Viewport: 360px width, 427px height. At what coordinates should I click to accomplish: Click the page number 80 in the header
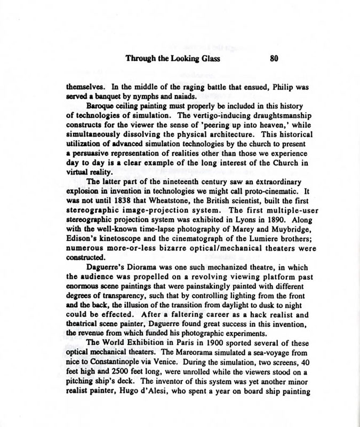tap(275, 59)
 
